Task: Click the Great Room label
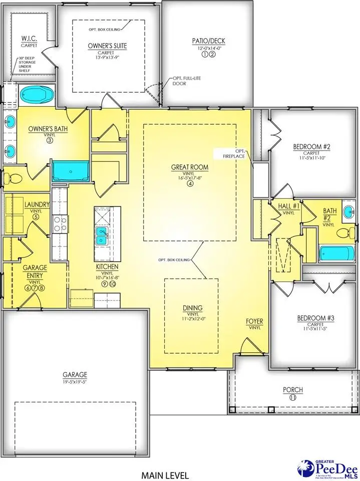[x=190, y=168]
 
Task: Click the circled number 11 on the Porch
[x=292, y=397]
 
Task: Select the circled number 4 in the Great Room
[x=190, y=183]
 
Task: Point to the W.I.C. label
[x=27, y=39]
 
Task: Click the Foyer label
[x=255, y=321]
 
